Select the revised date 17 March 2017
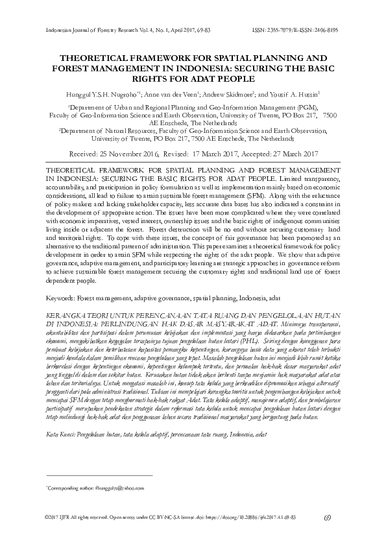click(226, 154)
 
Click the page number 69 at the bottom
click(327, 517)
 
